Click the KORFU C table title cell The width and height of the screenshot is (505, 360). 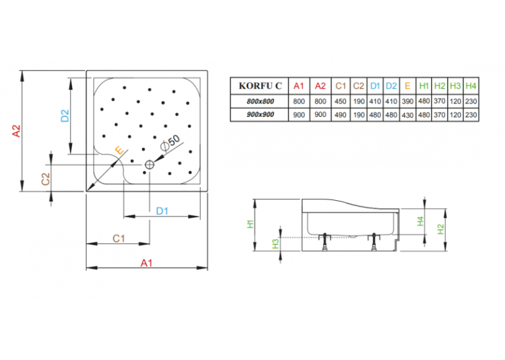pyautogui.click(x=260, y=86)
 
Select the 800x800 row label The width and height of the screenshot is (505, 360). pyautogui.click(x=260, y=101)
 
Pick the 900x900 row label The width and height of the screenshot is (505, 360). pyautogui.click(x=260, y=114)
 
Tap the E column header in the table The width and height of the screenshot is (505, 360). pyautogui.click(x=407, y=86)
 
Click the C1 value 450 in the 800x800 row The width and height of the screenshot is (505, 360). pyautogui.click(x=341, y=101)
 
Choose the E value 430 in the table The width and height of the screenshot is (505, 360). pyautogui.click(x=407, y=115)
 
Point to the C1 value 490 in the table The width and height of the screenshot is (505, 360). pyautogui.click(x=341, y=115)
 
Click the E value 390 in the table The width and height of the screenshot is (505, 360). pyautogui.click(x=407, y=101)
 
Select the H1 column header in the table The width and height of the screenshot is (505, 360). pyautogui.click(x=424, y=86)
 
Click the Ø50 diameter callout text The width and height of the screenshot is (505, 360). pyautogui.click(x=170, y=143)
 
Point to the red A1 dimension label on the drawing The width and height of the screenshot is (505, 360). pyautogui.click(x=146, y=263)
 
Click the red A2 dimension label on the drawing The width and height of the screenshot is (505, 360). pyautogui.click(x=16, y=131)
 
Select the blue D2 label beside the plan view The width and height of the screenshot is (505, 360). pyautogui.click(x=65, y=116)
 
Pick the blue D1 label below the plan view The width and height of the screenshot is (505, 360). pyautogui.click(x=162, y=211)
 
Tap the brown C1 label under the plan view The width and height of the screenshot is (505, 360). pyautogui.click(x=119, y=238)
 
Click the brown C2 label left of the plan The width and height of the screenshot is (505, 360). pyautogui.click(x=46, y=179)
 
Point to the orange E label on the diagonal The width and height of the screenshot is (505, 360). pyautogui.click(x=119, y=151)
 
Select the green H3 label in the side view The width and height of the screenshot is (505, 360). pyautogui.click(x=275, y=244)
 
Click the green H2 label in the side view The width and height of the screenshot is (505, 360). pyautogui.click(x=440, y=229)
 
